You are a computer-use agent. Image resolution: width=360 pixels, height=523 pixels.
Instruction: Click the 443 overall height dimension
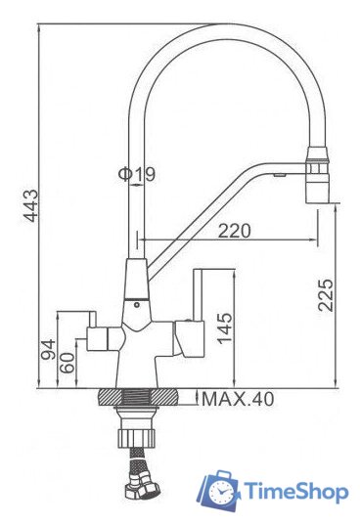coord(32,205)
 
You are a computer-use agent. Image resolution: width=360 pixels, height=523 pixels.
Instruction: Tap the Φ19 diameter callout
coord(137,174)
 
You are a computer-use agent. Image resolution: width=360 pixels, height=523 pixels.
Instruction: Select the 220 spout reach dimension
coord(234,231)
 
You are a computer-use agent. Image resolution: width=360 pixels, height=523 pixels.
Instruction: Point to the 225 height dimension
coord(326,295)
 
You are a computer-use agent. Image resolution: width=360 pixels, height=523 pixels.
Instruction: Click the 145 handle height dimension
coord(224,327)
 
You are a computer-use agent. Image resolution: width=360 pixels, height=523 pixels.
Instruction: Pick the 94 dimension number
coord(48,349)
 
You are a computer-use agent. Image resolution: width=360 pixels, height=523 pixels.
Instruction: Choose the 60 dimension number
coord(67,363)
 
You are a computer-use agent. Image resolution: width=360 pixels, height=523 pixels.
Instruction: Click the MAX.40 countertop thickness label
coord(238,399)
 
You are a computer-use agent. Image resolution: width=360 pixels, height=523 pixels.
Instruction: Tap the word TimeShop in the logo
coord(296,492)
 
